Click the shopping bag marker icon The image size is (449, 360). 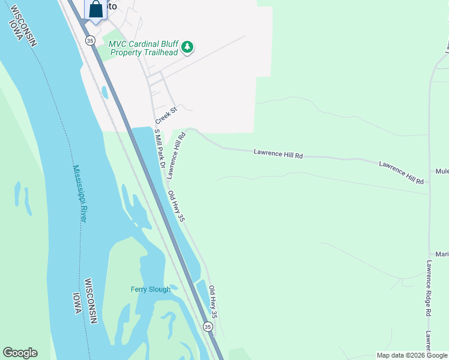coord(96,10)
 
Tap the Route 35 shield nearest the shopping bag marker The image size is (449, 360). coord(90,40)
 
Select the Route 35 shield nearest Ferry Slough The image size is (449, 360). coord(208,326)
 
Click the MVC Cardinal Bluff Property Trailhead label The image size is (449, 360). coord(143,48)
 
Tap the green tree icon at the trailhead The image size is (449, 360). coord(188,47)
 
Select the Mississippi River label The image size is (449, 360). coord(79,194)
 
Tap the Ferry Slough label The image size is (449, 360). coord(151,289)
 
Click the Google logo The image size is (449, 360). coord(20,353)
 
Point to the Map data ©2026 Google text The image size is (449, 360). coord(412,355)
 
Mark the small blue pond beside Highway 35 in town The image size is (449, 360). coord(106,92)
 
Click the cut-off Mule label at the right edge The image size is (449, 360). coord(442,170)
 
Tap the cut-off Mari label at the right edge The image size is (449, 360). coord(442,254)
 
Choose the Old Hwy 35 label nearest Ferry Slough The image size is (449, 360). coord(212,302)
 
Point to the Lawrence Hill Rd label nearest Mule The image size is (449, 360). coord(402,172)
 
